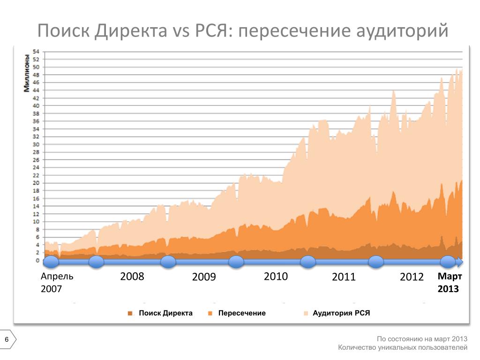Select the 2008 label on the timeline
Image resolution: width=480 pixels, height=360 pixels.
(132, 277)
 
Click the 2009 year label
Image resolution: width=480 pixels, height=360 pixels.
(204, 277)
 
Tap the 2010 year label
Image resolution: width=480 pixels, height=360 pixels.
(276, 277)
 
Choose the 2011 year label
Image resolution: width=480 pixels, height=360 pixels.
(344, 277)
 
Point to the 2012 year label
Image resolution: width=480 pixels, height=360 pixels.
(412, 277)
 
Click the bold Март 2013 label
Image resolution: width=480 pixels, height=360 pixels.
(450, 283)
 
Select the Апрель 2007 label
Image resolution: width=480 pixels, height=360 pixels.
(57, 283)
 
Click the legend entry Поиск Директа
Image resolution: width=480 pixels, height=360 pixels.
(165, 313)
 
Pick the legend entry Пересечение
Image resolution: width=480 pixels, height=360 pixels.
(242, 313)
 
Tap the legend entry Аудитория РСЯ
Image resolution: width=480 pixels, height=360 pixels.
(341, 313)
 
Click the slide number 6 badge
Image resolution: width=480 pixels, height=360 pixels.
(7, 339)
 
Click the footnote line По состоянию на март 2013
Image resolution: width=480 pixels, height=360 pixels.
(422, 339)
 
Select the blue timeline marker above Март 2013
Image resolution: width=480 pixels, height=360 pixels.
(448, 262)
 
